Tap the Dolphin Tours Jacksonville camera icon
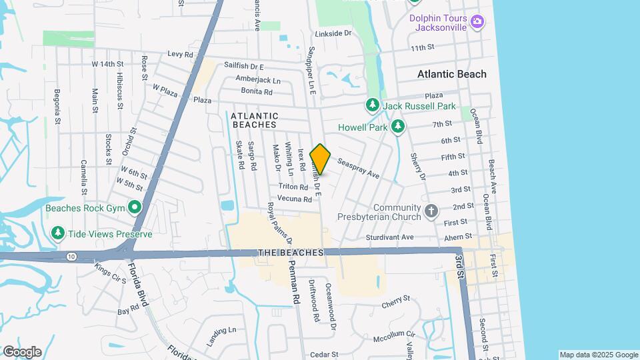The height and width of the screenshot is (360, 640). click(x=477, y=22)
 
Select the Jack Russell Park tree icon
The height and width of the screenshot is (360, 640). click(x=372, y=105)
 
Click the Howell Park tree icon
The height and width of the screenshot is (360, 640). click(x=398, y=126)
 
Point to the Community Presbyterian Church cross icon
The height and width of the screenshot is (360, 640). click(x=431, y=212)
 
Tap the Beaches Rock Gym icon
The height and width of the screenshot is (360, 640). click(x=135, y=208)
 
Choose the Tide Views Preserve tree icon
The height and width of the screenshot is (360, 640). click(x=59, y=233)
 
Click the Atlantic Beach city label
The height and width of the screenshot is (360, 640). click(x=451, y=74)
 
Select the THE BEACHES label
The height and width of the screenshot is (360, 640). click(x=291, y=253)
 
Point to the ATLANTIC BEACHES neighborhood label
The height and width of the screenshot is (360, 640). click(x=253, y=120)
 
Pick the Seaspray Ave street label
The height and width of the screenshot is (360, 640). click(x=358, y=169)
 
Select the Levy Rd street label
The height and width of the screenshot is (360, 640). click(x=180, y=54)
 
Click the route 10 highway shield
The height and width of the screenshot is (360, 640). click(x=71, y=256)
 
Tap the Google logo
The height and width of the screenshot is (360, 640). click(x=22, y=351)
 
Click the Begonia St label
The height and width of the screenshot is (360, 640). click(x=57, y=107)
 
